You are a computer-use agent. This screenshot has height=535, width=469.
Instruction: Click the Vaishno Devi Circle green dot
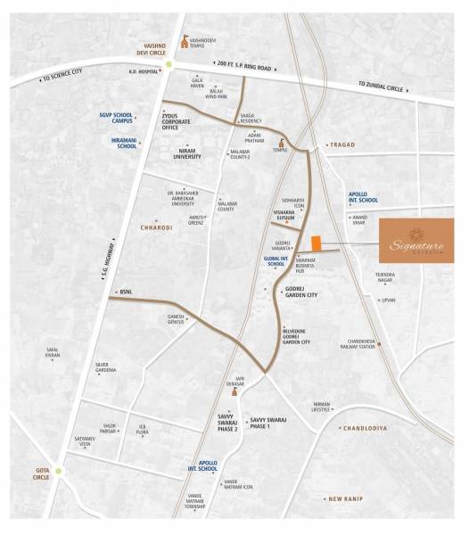pyautogui.click(x=167, y=63)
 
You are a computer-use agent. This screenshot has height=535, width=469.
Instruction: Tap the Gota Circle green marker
pyautogui.click(x=60, y=471)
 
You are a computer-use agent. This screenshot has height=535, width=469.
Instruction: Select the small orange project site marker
pyautogui.click(x=316, y=243)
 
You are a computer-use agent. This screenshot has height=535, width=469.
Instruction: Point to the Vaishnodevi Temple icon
pyautogui.click(x=185, y=39)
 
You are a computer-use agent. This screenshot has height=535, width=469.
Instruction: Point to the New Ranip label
pyautogui.click(x=347, y=498)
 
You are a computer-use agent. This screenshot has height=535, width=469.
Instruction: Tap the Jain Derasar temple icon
pyautogui.click(x=235, y=390)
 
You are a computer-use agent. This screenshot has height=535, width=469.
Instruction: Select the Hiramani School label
pyautogui.click(x=120, y=142)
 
